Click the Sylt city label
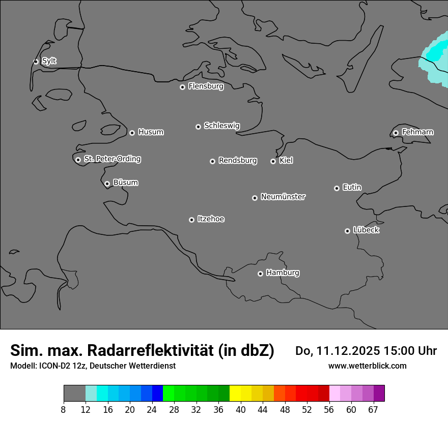click(x=49, y=61)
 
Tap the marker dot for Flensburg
click(x=182, y=87)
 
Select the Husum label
click(x=151, y=132)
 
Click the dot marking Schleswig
click(x=198, y=127)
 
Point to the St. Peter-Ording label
click(x=113, y=159)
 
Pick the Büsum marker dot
click(x=107, y=184)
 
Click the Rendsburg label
click(x=238, y=161)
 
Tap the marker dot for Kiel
click(x=273, y=161)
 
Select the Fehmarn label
click(x=417, y=132)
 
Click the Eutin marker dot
click(x=337, y=188)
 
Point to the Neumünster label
click(x=283, y=197)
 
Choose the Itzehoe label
click(x=211, y=219)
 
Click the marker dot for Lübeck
click(x=347, y=231)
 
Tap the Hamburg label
click(x=283, y=273)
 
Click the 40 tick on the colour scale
click(x=240, y=410)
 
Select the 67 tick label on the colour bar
click(x=373, y=410)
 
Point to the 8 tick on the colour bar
click(x=64, y=410)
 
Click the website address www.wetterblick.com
click(x=367, y=366)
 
